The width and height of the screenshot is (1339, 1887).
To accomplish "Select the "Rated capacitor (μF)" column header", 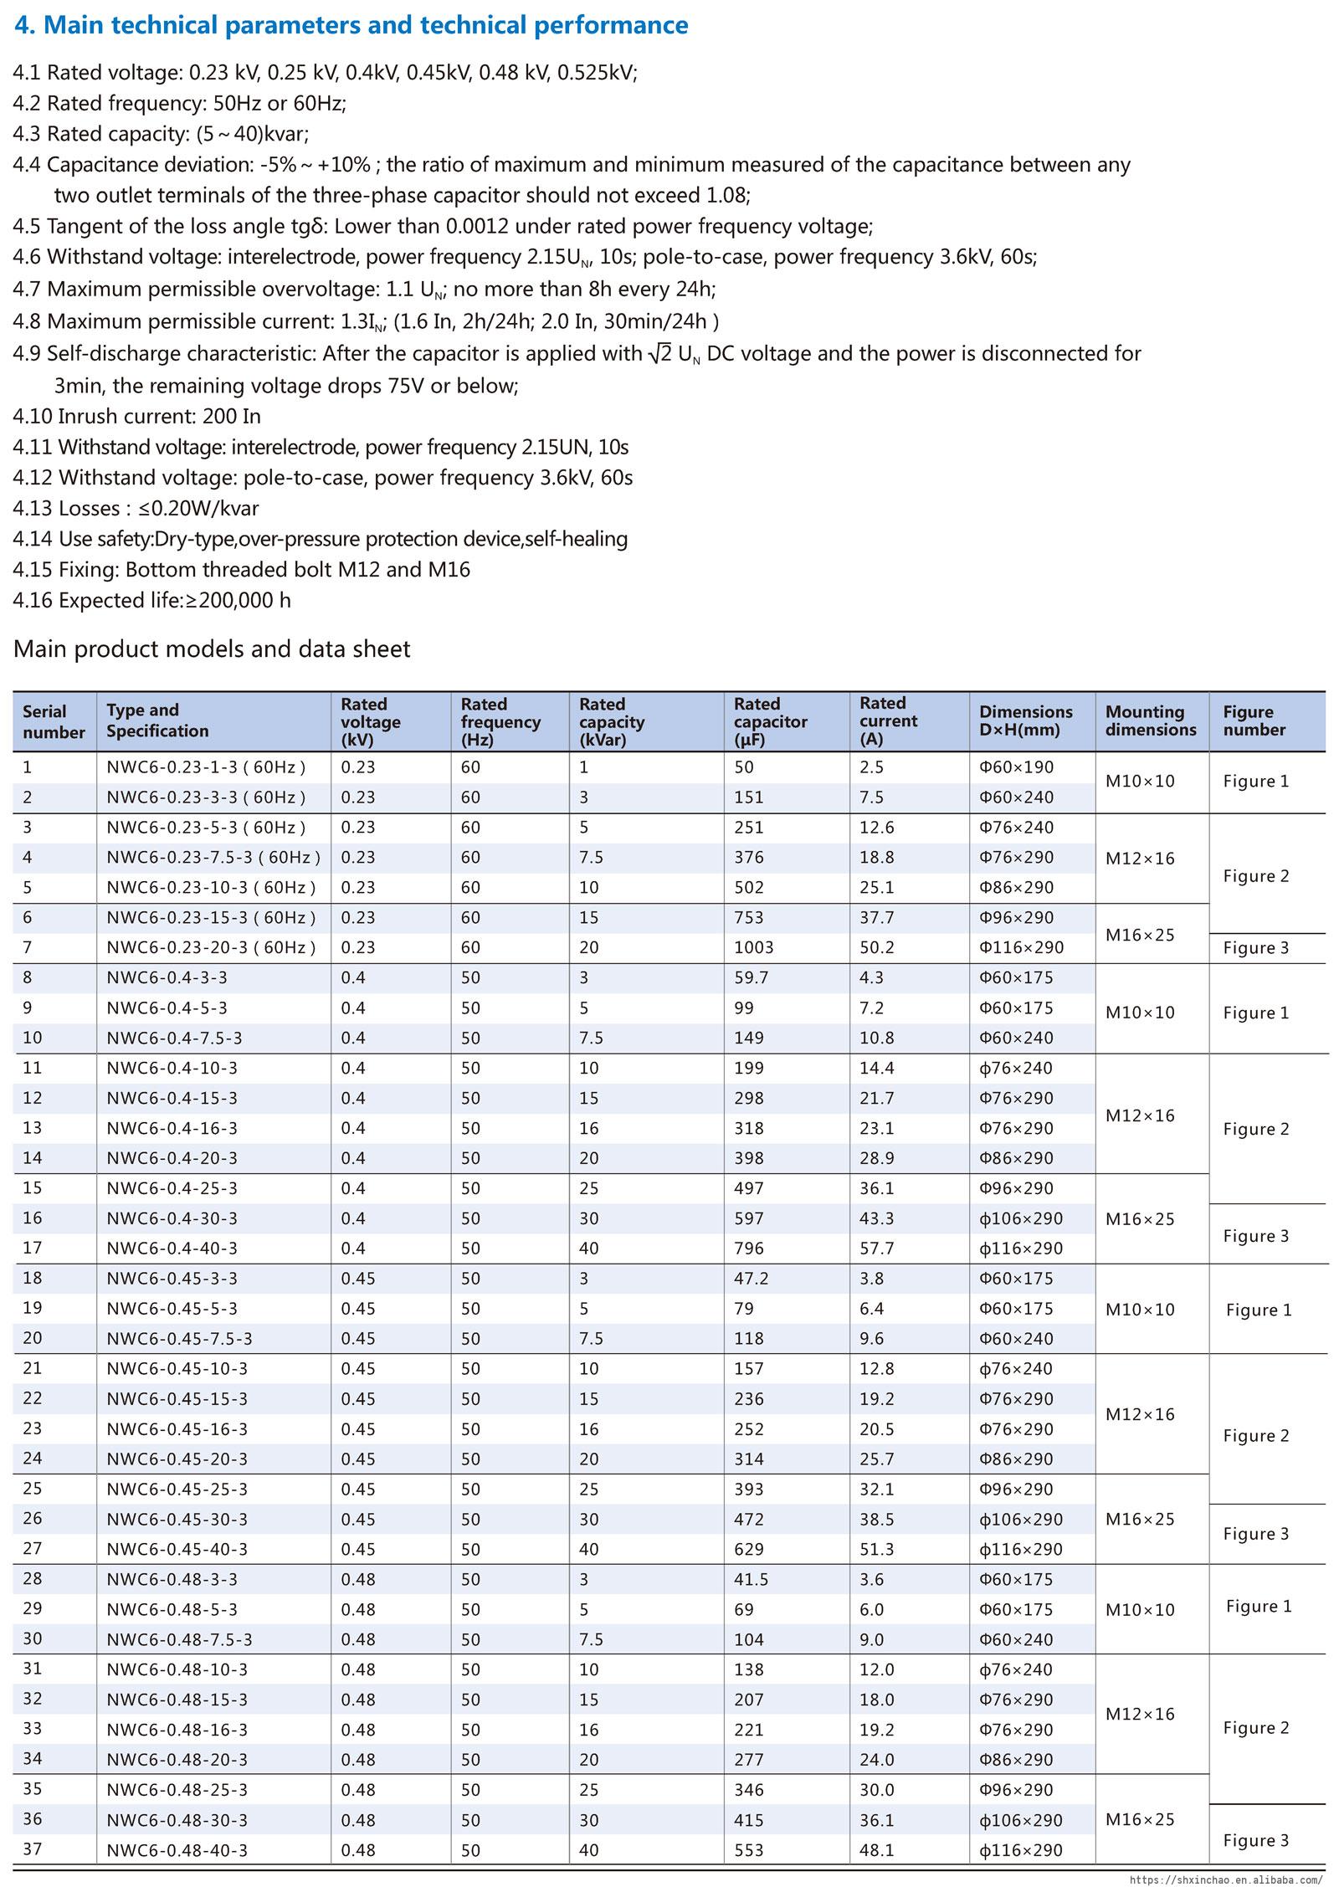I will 770,722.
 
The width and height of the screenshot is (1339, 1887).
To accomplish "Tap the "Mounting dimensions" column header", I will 1151,720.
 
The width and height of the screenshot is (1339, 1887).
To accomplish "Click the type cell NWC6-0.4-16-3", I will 172,1128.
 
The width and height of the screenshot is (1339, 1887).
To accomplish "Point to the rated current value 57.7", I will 876,1249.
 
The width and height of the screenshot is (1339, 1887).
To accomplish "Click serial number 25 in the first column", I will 33,1489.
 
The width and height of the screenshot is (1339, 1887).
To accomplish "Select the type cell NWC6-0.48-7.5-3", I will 179,1639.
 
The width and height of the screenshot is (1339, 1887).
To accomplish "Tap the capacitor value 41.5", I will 751,1579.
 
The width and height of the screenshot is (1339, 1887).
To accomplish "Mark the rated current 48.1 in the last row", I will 876,1850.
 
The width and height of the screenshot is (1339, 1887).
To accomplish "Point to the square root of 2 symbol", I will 659,353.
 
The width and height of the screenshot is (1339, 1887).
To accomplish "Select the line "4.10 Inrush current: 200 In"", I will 137,416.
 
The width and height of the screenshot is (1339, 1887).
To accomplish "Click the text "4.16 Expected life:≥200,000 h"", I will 152,600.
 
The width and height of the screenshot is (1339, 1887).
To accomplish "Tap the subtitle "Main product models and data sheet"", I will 212,649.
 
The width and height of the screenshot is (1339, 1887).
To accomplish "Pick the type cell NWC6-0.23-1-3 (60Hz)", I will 206,767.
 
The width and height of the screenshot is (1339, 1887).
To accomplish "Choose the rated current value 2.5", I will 871,767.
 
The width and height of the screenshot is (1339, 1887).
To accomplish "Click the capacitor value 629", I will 748,1549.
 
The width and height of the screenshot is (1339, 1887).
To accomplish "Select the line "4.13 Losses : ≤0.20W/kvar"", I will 136,508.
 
